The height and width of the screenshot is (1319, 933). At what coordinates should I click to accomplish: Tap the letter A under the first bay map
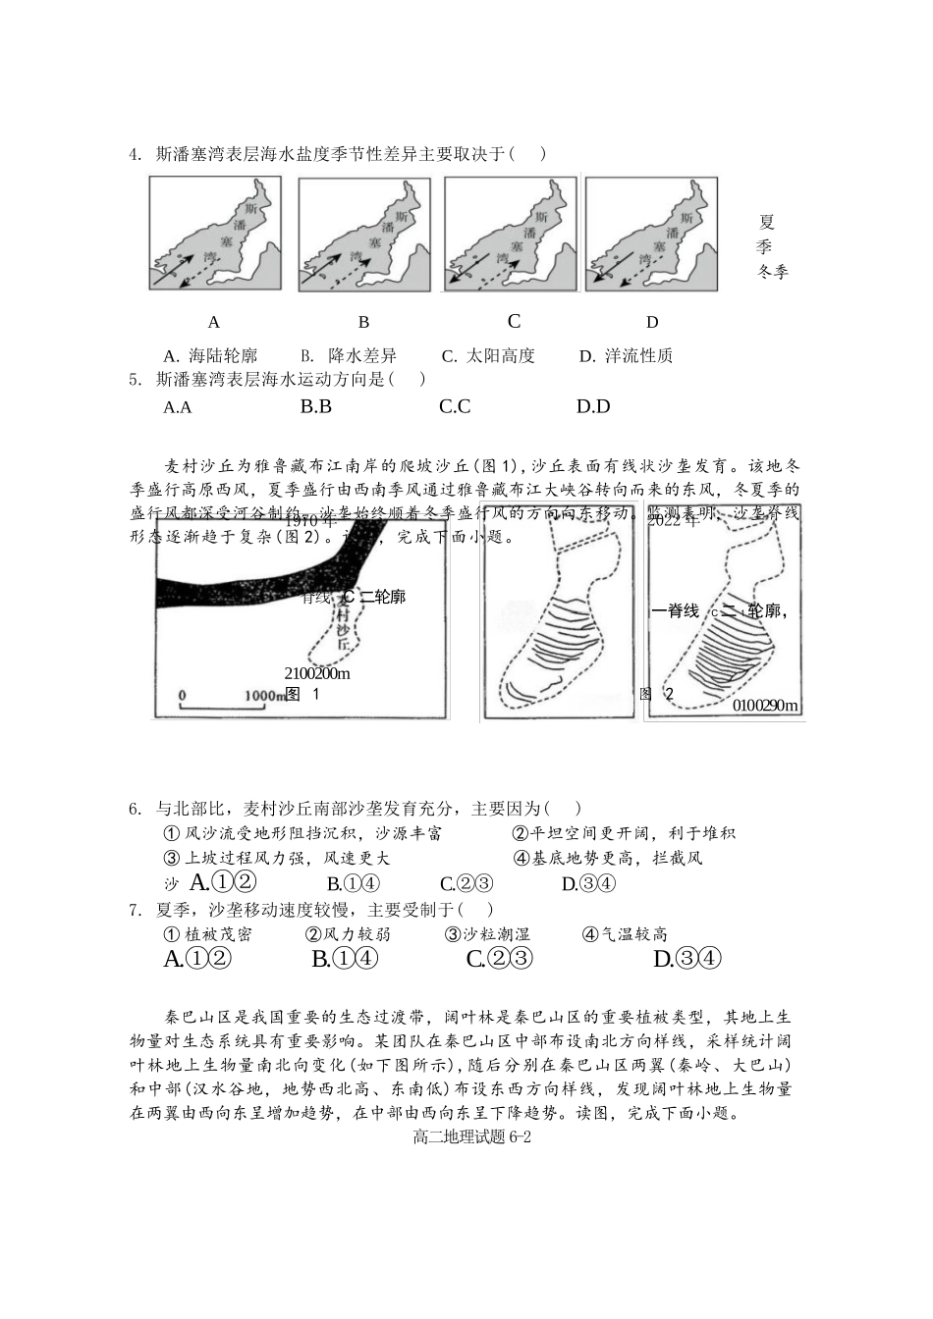pos(214,322)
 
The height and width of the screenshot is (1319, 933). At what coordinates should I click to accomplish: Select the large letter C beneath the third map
pos(514,321)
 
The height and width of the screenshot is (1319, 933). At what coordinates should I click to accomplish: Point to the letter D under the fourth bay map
pos(652,322)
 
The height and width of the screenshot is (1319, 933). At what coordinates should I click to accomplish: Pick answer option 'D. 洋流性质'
pos(626,355)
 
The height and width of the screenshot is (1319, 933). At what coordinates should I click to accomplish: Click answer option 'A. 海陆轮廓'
pos(210,355)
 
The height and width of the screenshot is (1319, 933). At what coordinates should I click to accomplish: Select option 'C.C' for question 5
pos(455,406)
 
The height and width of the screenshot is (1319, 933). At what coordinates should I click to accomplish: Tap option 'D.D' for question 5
pos(593,406)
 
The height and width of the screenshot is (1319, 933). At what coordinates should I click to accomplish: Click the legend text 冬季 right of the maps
pos(773,272)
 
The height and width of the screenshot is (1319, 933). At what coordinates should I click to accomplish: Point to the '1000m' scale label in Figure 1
pos(263,695)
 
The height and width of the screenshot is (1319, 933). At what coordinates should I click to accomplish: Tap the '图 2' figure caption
pos(657,694)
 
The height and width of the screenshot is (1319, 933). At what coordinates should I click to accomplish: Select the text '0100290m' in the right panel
pos(765,706)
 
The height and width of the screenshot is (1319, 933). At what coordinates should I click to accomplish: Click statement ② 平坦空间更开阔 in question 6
pos(624,833)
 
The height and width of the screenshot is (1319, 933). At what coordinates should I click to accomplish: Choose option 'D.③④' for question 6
pos(588,883)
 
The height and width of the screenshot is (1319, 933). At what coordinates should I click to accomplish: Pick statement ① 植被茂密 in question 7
pos(207,934)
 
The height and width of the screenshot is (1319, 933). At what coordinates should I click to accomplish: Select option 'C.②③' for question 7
pos(499,959)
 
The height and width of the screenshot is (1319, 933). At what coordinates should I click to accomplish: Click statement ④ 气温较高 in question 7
pos(625,934)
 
